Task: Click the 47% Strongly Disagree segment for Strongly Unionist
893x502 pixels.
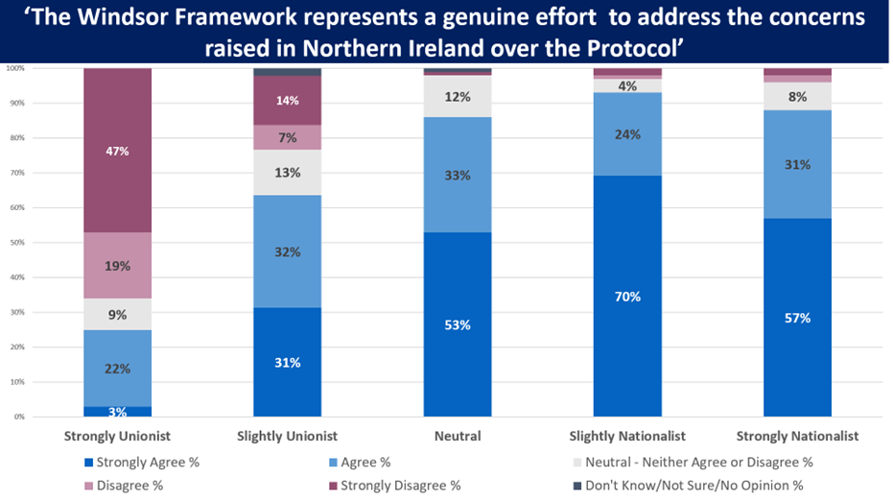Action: point(117,151)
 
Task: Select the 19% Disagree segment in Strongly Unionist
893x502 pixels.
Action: point(117,265)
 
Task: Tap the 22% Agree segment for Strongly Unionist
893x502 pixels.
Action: point(117,368)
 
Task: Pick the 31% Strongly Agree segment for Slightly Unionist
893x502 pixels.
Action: point(287,362)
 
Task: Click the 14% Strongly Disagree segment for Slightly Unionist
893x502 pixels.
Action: point(287,100)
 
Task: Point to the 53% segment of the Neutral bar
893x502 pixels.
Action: point(458,324)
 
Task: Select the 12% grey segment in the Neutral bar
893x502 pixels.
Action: point(458,97)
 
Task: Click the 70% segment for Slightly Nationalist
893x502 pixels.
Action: point(627,296)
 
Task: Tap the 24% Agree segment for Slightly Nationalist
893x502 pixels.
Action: point(627,134)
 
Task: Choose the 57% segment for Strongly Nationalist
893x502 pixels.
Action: point(797,318)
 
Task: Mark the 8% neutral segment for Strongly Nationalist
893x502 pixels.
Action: point(797,96)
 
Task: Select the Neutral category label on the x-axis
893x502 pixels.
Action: point(458,437)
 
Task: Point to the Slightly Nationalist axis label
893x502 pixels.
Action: point(627,437)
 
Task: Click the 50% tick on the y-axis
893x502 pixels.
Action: point(16,242)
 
